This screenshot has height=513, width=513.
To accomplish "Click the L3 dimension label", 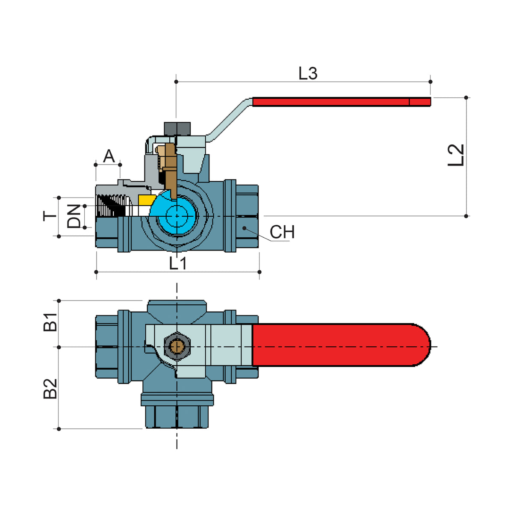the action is pyautogui.click(x=308, y=73).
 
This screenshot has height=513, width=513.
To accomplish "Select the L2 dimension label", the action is pyautogui.click(x=456, y=155).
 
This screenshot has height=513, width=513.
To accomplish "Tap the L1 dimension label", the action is pyautogui.click(x=177, y=263).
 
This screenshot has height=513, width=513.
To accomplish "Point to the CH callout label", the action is pyautogui.click(x=282, y=232).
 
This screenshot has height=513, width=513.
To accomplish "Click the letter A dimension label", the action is pyautogui.click(x=109, y=156).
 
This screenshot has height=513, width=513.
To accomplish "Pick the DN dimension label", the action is pyautogui.click(x=74, y=216).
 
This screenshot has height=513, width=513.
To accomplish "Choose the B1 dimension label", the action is pyautogui.click(x=50, y=322).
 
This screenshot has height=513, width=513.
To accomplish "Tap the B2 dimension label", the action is pyautogui.click(x=50, y=389).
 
